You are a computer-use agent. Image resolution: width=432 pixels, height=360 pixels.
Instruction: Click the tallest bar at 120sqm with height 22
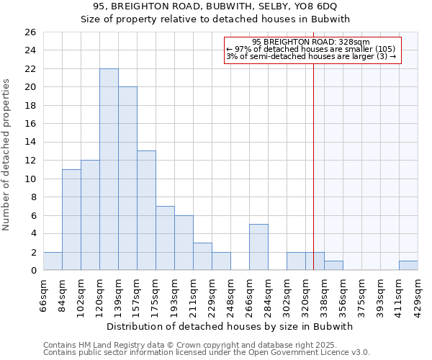point(109,169)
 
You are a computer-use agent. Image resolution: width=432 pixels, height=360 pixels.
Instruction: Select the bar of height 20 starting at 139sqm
point(127,179)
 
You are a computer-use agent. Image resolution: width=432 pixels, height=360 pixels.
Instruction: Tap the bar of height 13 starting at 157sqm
point(146,210)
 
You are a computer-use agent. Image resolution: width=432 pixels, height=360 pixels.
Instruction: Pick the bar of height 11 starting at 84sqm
point(71,220)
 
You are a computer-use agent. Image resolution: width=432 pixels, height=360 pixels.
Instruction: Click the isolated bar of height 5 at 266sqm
point(258,247)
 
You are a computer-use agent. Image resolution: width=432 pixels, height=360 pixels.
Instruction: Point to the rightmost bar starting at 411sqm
point(408,266)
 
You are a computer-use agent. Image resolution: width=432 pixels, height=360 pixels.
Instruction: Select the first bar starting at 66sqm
point(53,261)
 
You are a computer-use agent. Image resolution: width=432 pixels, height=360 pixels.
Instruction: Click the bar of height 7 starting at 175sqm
point(165,238)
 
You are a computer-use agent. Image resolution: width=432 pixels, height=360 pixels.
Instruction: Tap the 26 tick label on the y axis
point(30,32)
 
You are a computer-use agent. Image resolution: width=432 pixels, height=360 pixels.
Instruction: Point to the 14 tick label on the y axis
point(30,143)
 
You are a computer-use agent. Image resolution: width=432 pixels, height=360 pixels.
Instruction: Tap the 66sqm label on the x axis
point(43,294)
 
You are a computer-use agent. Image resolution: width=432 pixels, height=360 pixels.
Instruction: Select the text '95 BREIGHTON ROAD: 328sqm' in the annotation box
point(311,42)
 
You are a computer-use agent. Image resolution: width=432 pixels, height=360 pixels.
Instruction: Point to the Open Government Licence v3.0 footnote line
point(207,353)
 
